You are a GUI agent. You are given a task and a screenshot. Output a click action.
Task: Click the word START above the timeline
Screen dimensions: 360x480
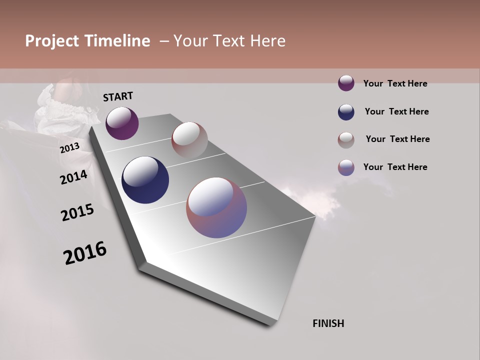point(118,96)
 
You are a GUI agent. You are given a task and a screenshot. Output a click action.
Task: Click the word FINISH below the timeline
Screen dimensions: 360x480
point(328,323)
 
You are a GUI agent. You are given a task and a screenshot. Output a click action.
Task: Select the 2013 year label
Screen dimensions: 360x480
point(69,148)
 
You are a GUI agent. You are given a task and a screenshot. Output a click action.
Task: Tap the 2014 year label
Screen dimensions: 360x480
point(73,177)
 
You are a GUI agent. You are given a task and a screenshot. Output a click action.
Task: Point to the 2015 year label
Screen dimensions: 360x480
point(77,212)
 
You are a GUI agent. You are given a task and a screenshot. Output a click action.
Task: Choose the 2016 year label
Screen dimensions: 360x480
point(85,253)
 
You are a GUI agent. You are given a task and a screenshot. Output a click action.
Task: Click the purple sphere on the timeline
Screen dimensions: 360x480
point(122,123)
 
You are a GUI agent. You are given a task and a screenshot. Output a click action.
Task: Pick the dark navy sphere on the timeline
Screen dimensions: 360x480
point(145,180)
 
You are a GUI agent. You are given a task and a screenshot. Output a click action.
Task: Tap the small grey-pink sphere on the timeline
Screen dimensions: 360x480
point(189,139)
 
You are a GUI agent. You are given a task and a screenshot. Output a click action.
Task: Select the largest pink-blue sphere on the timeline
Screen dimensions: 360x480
point(216,207)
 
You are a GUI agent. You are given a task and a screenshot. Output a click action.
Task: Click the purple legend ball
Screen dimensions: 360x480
point(346,83)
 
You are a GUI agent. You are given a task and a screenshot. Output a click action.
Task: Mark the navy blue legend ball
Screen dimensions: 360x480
point(346,112)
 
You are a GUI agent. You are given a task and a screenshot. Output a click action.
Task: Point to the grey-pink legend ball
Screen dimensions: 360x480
point(346,140)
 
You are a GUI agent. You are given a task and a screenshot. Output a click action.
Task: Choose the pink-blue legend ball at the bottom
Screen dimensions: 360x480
point(346,167)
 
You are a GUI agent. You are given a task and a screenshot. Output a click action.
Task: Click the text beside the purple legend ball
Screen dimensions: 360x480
point(395,83)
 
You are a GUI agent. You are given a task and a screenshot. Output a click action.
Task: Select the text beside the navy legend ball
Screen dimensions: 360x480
point(396,111)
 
